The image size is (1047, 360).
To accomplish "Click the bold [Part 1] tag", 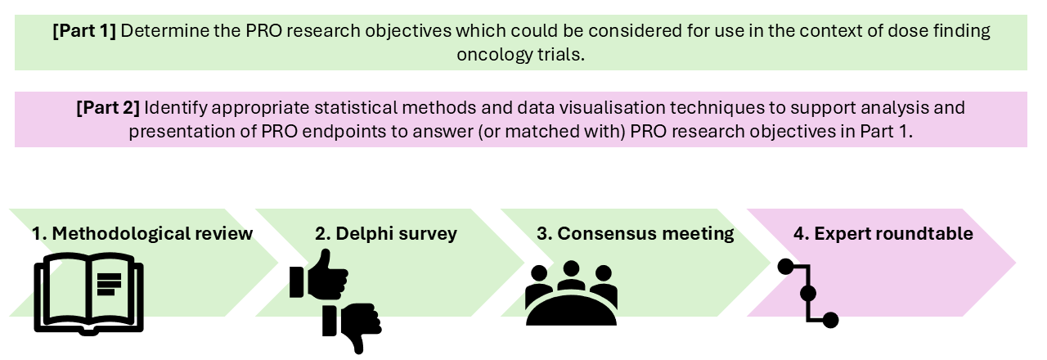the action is [84, 31].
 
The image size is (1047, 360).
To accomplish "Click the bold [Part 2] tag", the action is [108, 108].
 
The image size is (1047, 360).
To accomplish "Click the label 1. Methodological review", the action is [142, 233].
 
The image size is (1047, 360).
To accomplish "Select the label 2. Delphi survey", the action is [385, 234].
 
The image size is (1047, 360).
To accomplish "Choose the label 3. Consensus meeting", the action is [636, 234].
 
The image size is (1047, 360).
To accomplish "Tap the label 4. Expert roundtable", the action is [883, 234].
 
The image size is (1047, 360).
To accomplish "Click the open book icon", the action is [89, 294].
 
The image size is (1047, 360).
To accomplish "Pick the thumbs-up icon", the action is [319, 275].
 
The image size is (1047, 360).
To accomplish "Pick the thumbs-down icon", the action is [352, 328].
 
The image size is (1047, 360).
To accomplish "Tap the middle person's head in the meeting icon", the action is [571, 268].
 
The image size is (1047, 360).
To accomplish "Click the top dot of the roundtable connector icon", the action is [786, 267].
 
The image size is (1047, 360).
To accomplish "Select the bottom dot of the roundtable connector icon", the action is [830, 320].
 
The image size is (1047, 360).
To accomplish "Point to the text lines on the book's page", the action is [109, 285].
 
